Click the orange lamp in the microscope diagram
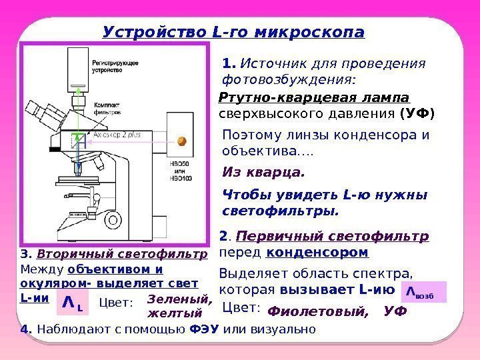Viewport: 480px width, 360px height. pyautogui.click(x=181, y=141)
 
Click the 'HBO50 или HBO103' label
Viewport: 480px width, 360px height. pyautogui.click(x=181, y=171)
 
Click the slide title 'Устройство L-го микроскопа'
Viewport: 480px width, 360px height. pyautogui.click(x=233, y=32)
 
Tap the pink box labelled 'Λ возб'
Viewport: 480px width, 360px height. pyautogui.click(x=424, y=292)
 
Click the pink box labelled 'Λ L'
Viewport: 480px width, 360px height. pyautogui.click(x=73, y=303)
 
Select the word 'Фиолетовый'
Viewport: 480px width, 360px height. pyautogui.click(x=318, y=311)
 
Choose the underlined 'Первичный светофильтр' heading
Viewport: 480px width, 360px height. pyautogui.click(x=333, y=237)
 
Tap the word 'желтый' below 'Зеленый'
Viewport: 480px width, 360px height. pyautogui.click(x=174, y=313)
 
